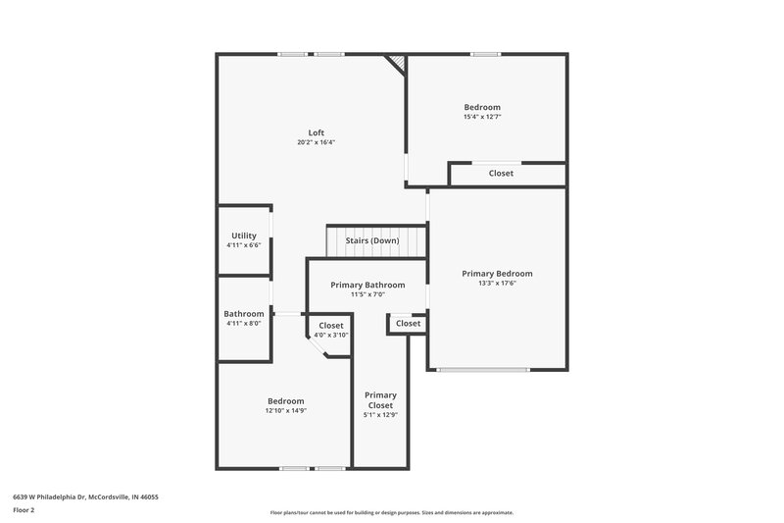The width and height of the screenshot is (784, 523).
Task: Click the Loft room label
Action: pos(316,132)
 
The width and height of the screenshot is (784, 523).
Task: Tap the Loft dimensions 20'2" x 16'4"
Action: pos(316,143)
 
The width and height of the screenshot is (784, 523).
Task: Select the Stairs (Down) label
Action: pos(371,240)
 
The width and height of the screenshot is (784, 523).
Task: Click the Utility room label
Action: pos(244,235)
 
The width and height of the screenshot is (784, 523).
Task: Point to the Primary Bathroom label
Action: pos(367,285)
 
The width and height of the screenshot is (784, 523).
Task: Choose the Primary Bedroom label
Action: pos(498,274)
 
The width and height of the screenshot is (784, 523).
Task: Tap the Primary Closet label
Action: pos(380,400)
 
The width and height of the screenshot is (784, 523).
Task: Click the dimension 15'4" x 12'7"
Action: pos(482,117)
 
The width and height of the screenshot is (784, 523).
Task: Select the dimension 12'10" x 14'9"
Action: pos(286,411)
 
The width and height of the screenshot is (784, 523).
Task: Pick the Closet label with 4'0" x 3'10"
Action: pos(331,325)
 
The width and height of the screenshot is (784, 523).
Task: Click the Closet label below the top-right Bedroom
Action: pos(501,174)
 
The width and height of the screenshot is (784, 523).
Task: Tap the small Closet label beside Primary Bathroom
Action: pos(408,323)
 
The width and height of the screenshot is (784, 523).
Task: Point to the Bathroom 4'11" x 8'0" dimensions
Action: pos(244,324)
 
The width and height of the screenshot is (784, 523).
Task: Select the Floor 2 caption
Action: pos(24,511)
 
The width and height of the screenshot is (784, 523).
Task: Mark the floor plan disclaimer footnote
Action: pos(391,512)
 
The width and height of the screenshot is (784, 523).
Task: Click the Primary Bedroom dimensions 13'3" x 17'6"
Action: pos(498,285)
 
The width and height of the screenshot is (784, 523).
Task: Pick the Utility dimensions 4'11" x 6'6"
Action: pos(244,245)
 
